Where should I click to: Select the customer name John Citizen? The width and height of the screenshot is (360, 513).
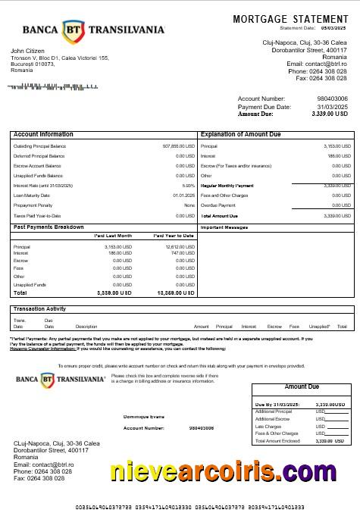coord(28,52)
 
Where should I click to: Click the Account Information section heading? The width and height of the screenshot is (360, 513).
coord(43,134)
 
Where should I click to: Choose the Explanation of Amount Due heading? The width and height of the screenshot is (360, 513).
coord(240,134)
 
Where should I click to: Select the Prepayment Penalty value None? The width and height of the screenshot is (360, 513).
coord(189,205)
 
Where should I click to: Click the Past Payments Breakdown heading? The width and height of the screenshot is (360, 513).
coord(49,227)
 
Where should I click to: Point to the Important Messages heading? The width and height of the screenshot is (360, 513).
coord(224,227)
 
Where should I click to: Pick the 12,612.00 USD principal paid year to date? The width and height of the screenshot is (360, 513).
coord(180,246)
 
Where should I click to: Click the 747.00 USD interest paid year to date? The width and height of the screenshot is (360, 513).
coord(183,253)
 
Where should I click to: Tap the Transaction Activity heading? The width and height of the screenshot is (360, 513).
coord(39,308)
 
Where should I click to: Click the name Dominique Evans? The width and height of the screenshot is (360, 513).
coord(144,417)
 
